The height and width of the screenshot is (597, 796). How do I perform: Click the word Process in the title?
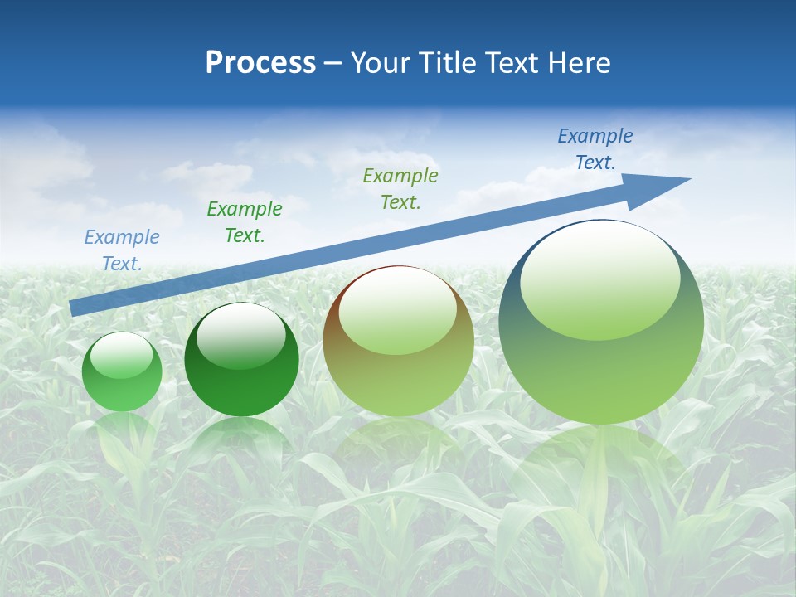point(260,63)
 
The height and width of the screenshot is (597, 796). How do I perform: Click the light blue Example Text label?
point(122,250)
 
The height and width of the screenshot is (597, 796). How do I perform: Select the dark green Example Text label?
point(245,222)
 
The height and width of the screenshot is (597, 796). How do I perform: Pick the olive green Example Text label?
point(400,189)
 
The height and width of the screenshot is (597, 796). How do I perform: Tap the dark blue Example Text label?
point(595,149)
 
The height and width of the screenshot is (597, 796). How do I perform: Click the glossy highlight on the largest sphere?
point(599,281)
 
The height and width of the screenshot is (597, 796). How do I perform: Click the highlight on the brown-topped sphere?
point(397,312)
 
